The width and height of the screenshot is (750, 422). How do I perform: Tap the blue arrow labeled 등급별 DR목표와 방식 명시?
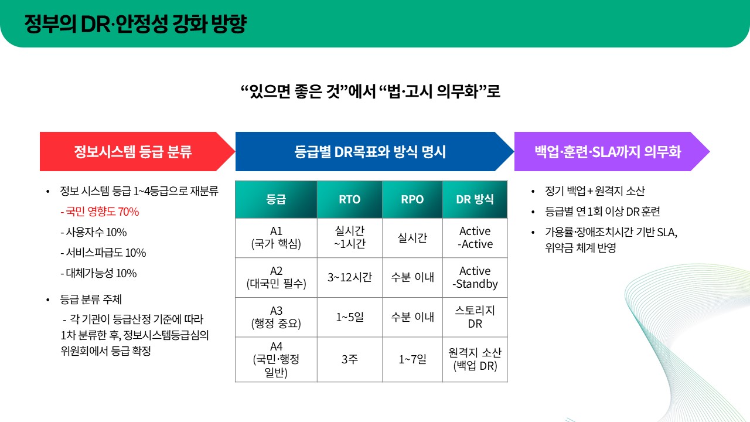pyautogui.click(x=370, y=152)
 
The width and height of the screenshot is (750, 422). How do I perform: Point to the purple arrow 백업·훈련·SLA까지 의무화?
pyautogui.click(x=608, y=152)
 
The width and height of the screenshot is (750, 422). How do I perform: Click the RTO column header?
pyautogui.click(x=350, y=199)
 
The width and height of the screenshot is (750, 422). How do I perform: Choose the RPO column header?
pyautogui.click(x=412, y=199)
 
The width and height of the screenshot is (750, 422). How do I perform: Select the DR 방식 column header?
pyautogui.click(x=475, y=199)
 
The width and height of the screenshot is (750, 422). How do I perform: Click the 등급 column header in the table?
pyautogui.click(x=276, y=199)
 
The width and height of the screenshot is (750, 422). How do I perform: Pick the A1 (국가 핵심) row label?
pyautogui.click(x=276, y=238)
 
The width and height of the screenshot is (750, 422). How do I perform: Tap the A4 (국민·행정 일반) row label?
pyautogui.click(x=276, y=359)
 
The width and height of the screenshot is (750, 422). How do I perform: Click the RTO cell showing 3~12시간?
pyautogui.click(x=350, y=277)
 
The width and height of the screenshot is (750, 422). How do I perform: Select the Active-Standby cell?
pyautogui.click(x=475, y=277)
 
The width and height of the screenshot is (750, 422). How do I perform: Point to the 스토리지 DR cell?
pyautogui.click(x=475, y=317)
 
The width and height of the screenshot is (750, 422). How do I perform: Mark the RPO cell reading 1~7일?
pyautogui.click(x=412, y=359)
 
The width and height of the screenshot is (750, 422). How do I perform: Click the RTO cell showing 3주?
pyautogui.click(x=350, y=359)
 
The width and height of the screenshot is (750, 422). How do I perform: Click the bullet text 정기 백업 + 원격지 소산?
pyautogui.click(x=595, y=191)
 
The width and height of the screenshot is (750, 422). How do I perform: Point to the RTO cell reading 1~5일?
pyautogui.click(x=350, y=317)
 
